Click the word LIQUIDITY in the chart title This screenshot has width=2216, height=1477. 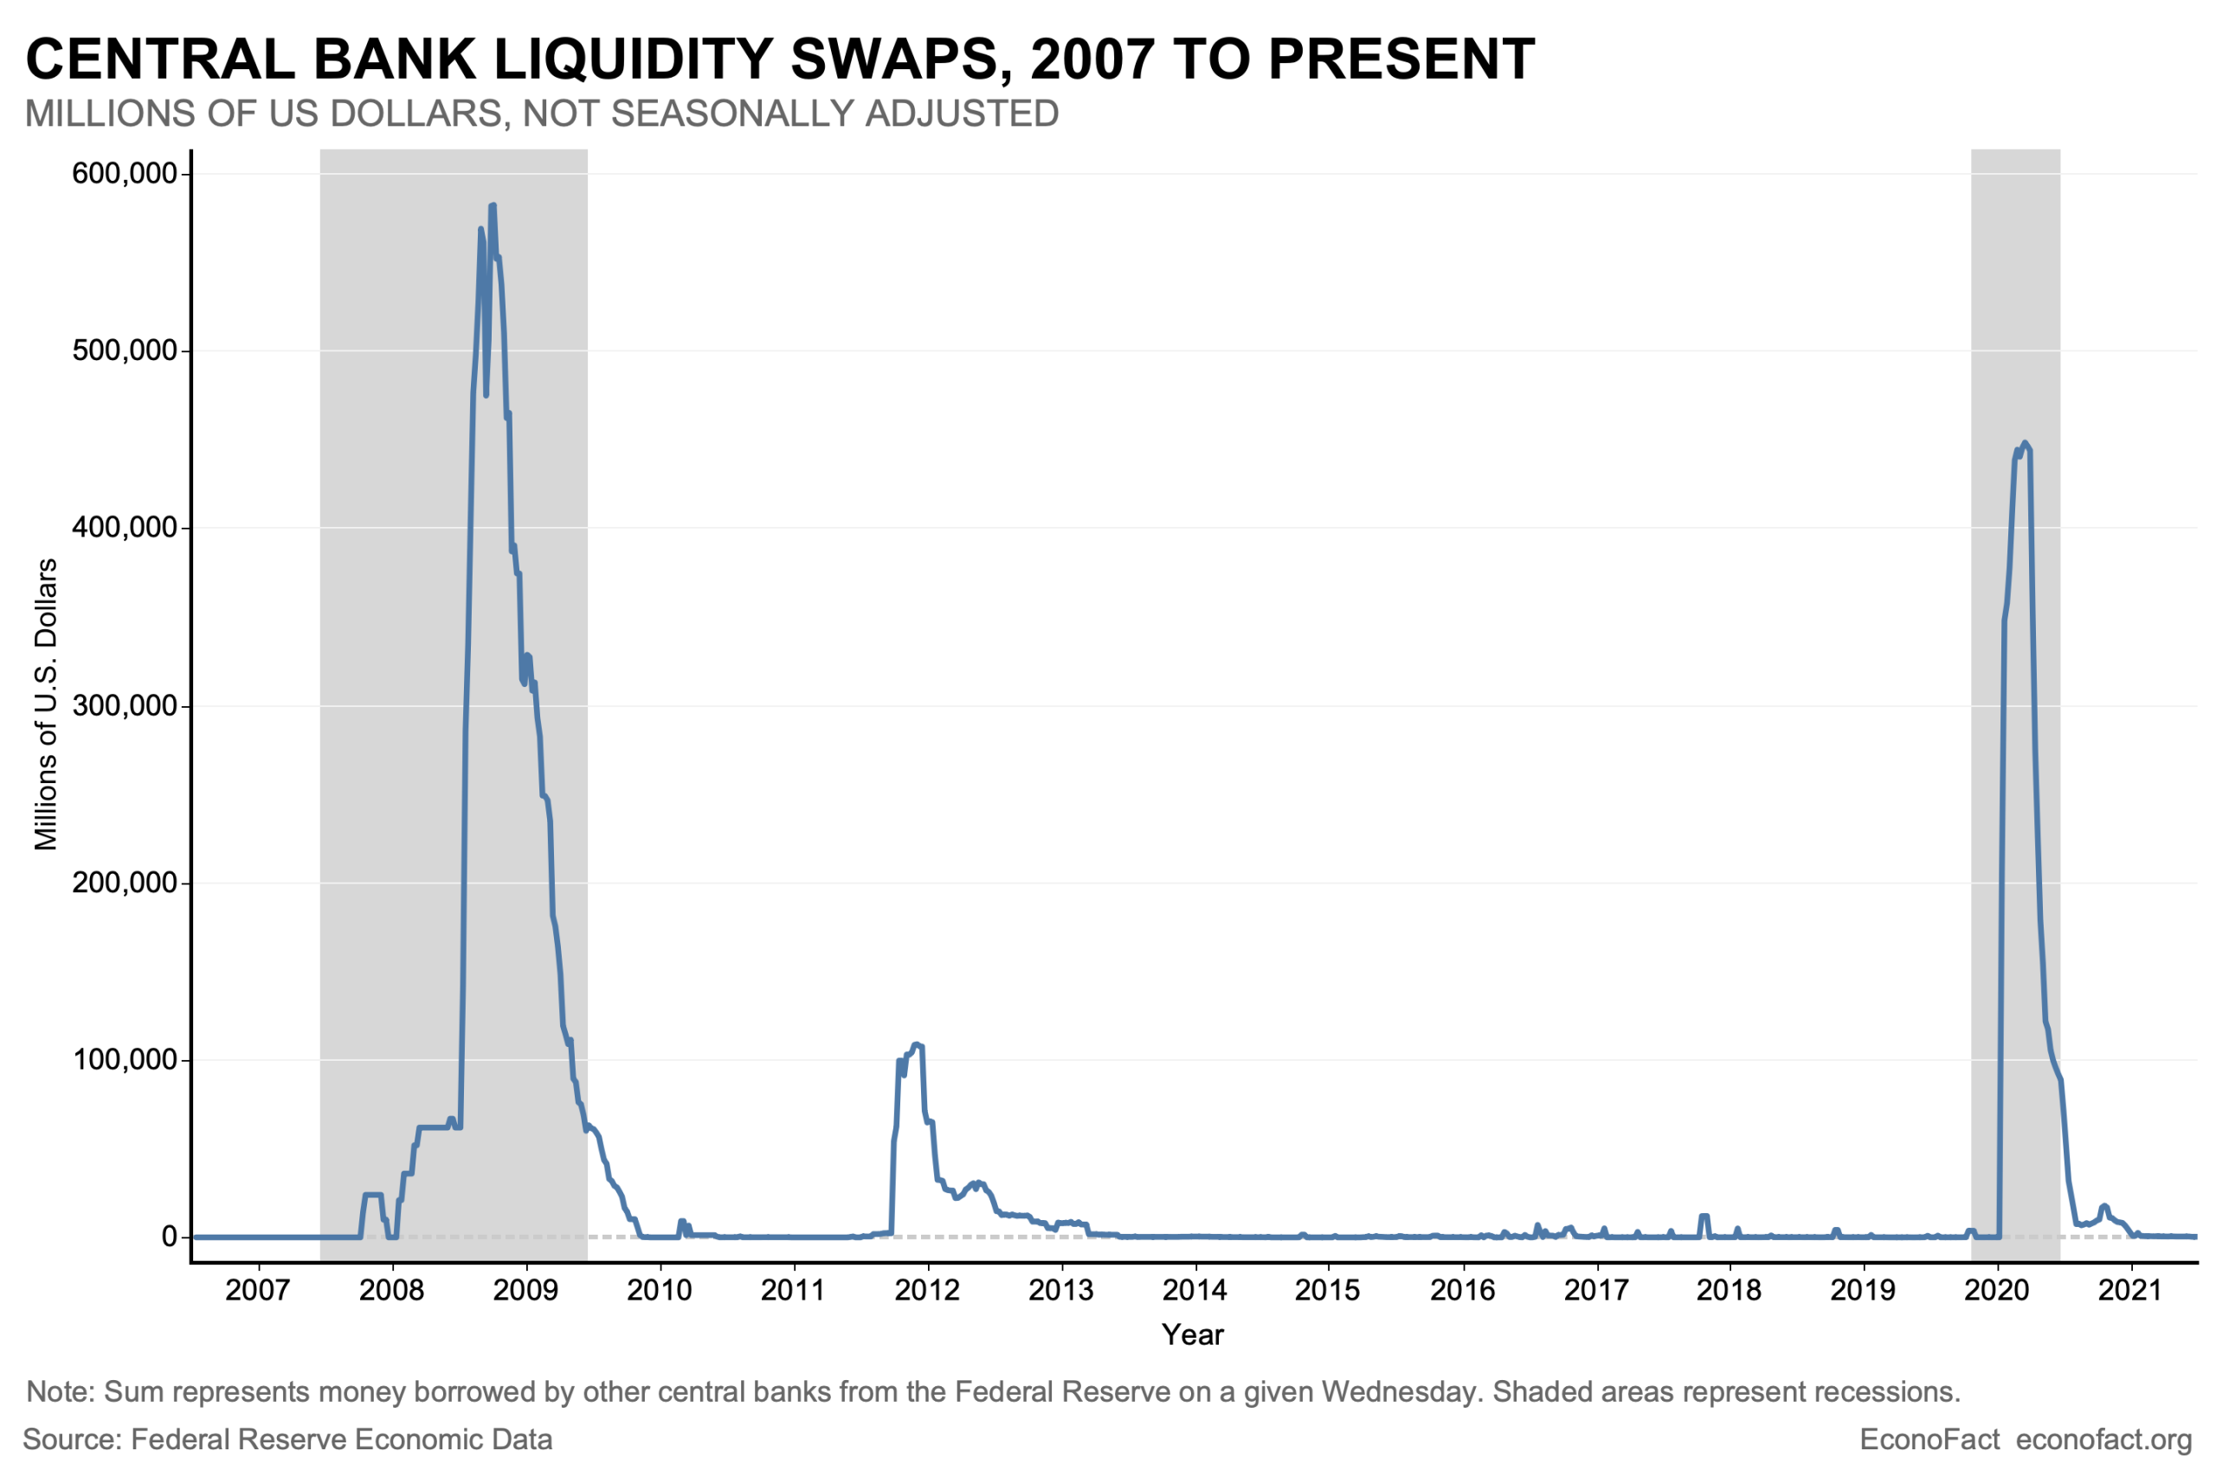[632, 60]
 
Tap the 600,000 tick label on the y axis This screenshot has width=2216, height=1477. [125, 173]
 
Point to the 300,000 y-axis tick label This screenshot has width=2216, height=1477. [125, 705]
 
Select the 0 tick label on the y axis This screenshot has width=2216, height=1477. [170, 1236]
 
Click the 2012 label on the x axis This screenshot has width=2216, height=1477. [927, 1289]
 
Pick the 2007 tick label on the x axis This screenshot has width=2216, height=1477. [257, 1289]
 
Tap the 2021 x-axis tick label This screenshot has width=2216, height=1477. [2130, 1289]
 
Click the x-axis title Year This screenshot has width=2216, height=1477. [1192, 1334]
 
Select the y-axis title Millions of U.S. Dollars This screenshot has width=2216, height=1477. [45, 703]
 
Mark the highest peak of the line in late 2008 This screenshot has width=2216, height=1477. [492, 206]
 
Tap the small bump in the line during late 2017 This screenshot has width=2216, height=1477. [1704, 1217]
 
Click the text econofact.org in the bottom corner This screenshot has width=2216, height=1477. [2103, 1439]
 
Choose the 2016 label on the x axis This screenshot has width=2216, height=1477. [1462, 1289]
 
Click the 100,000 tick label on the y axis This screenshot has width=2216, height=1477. [125, 1060]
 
